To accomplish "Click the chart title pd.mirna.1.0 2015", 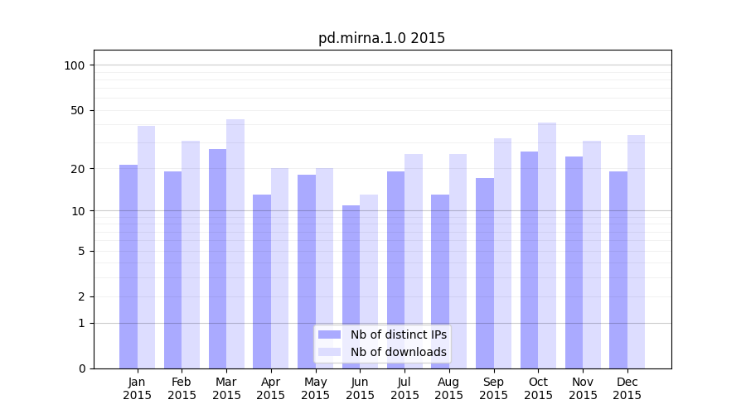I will [381, 38].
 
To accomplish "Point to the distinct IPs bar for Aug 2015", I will [440, 282].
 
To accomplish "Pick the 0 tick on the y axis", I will [81, 368].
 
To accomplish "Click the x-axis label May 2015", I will [316, 388].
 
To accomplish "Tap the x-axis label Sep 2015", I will [493, 388].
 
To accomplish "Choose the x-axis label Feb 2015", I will [182, 388].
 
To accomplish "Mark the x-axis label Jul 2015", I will [404, 388].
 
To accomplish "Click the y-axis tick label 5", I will [81, 251].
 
